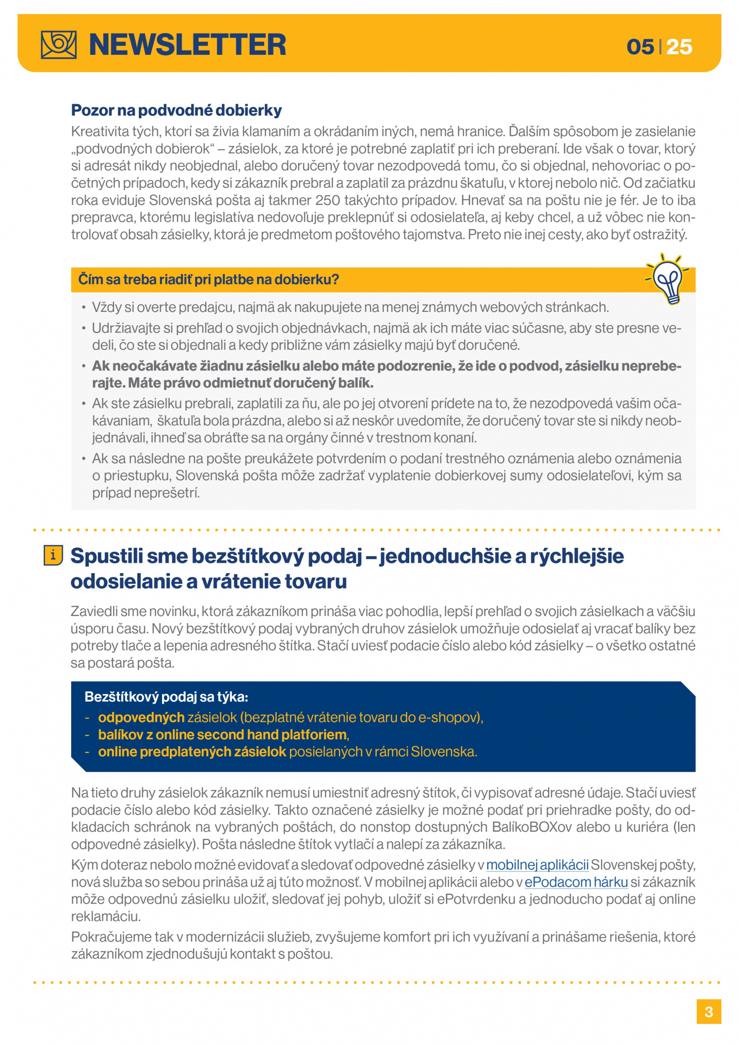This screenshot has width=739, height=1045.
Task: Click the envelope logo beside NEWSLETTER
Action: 59,44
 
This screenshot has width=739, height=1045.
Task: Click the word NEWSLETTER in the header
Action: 187,45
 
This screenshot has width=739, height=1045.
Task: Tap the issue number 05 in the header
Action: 640,47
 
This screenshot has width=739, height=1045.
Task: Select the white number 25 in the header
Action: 679,47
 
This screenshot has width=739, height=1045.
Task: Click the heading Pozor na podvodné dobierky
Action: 176,110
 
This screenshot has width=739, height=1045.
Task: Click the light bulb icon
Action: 668,279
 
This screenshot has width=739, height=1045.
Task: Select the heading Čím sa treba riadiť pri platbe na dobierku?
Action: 208,280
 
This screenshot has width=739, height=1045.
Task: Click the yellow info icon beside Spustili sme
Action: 53,556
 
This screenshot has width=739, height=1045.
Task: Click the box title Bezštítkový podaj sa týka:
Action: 166,697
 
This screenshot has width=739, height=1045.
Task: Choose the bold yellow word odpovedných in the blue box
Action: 141,718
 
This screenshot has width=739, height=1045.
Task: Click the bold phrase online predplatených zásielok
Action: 192,752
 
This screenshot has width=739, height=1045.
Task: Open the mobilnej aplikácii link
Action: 537,865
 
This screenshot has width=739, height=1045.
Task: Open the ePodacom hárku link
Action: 576,882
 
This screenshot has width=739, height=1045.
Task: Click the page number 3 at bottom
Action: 709,1012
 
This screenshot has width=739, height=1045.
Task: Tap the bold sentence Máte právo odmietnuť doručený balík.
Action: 251,383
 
